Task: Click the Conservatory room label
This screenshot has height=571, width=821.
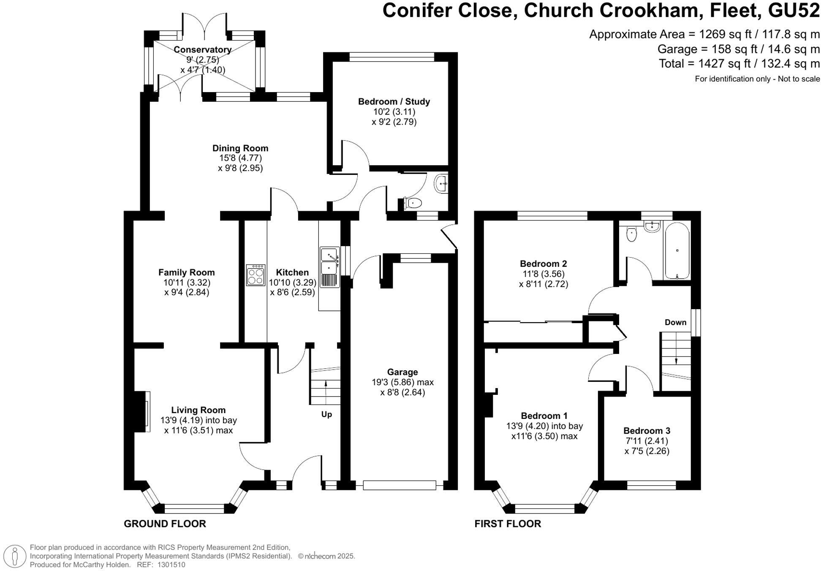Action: click(x=203, y=49)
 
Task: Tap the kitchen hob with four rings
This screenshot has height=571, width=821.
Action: click(x=256, y=275)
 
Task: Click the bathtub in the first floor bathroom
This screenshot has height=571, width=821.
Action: click(x=677, y=251)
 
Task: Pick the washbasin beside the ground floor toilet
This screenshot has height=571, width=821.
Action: click(x=441, y=184)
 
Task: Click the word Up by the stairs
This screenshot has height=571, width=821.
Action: click(x=326, y=414)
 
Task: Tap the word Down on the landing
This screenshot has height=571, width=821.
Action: click(x=675, y=322)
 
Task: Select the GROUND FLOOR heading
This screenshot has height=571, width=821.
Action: click(x=165, y=524)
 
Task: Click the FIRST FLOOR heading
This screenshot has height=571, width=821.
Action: click(x=508, y=524)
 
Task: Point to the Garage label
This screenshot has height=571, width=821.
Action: click(x=402, y=372)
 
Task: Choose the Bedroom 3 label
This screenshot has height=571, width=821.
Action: click(x=647, y=431)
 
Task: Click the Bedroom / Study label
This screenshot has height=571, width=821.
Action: click(x=394, y=101)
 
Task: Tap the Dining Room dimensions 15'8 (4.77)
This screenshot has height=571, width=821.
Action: click(x=240, y=158)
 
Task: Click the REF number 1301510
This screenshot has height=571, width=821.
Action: click(x=171, y=565)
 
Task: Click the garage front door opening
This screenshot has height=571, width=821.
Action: click(x=399, y=485)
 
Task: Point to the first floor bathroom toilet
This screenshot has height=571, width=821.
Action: click(x=631, y=234)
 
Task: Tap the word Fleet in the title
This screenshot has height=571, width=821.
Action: click(x=734, y=11)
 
